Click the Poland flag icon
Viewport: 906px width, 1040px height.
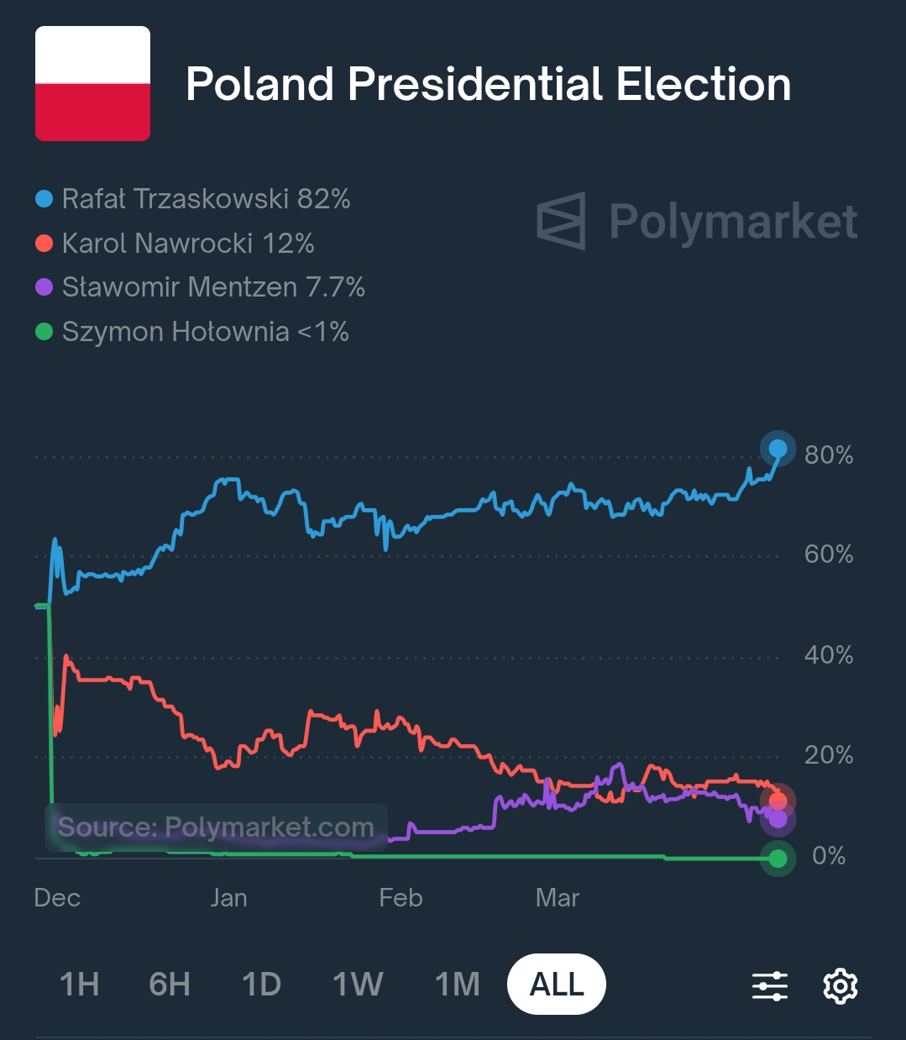[92, 83]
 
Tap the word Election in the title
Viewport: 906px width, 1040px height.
[704, 85]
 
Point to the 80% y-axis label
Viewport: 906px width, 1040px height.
[828, 455]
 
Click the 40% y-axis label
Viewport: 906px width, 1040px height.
[828, 655]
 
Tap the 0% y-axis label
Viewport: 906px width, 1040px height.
[828, 856]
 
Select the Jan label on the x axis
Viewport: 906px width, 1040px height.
[228, 898]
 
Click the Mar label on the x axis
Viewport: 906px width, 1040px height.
[558, 898]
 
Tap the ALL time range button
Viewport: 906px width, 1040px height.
[557, 984]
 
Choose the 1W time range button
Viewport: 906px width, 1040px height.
[358, 984]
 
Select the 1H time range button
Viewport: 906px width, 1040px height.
[80, 984]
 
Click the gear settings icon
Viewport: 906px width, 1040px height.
[840, 985]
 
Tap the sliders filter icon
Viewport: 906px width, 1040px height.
[770, 985]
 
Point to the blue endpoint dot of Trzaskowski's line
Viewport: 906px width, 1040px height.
[778, 449]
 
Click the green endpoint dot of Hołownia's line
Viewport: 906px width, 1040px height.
[778, 859]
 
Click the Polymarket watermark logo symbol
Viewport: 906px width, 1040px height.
[561, 221]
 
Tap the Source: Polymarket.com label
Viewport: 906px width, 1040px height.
[216, 827]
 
